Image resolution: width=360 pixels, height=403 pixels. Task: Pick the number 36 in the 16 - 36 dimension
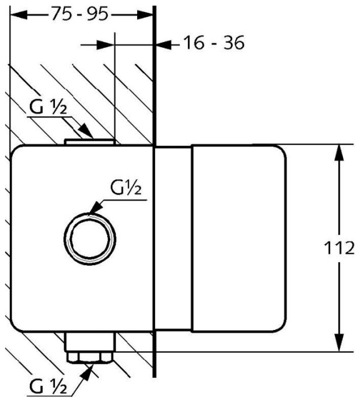tap(232, 43)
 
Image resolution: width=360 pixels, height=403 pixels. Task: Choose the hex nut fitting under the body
tap(89, 357)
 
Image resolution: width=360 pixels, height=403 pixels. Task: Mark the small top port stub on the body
tap(90, 141)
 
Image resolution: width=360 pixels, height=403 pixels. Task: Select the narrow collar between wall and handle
tap(173, 246)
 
